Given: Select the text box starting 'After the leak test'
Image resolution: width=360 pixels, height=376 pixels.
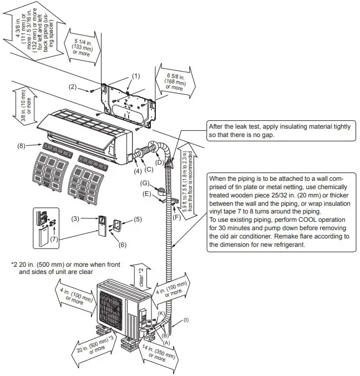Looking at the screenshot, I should (278, 130).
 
